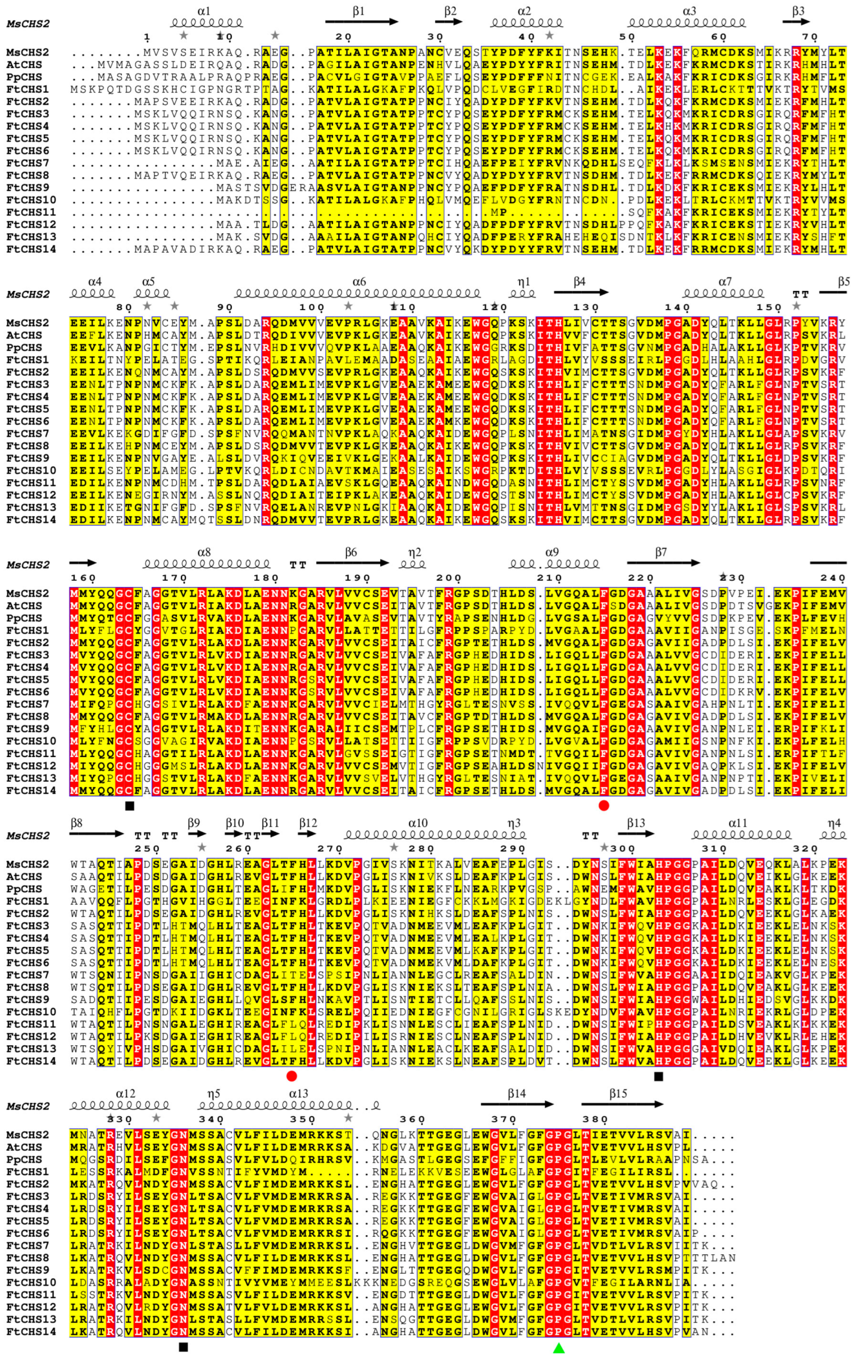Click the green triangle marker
pos(558,1348)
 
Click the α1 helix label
pos(204,11)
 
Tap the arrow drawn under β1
pos(361,22)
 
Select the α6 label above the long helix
pos(359,281)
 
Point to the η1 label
pos(524,281)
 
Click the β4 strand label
pos(579,281)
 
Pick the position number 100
pos(312,307)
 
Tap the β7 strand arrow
pos(663,562)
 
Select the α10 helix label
pos(418,823)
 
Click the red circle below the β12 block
pos(291,1076)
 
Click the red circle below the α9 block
pos(604,806)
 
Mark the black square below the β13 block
pos(658,1076)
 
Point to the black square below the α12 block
pos(183,1347)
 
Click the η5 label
pos(213,1094)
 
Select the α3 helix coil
pos(686,23)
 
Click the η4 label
pos(834,823)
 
